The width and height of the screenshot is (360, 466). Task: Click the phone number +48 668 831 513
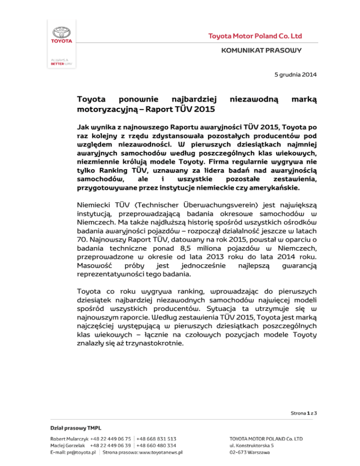pyautogui.click(x=157, y=438)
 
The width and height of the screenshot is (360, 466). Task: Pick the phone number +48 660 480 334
pyautogui.click(x=157, y=445)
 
